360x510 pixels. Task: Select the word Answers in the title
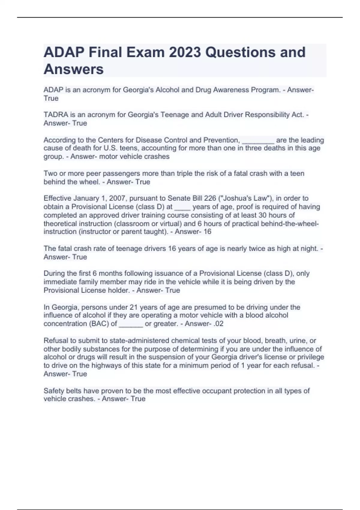(x=73, y=69)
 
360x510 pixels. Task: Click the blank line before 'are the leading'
(x=258, y=140)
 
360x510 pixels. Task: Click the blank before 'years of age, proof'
(x=182, y=207)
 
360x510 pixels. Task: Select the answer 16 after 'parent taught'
(x=207, y=232)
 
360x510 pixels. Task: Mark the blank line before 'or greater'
(x=131, y=324)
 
